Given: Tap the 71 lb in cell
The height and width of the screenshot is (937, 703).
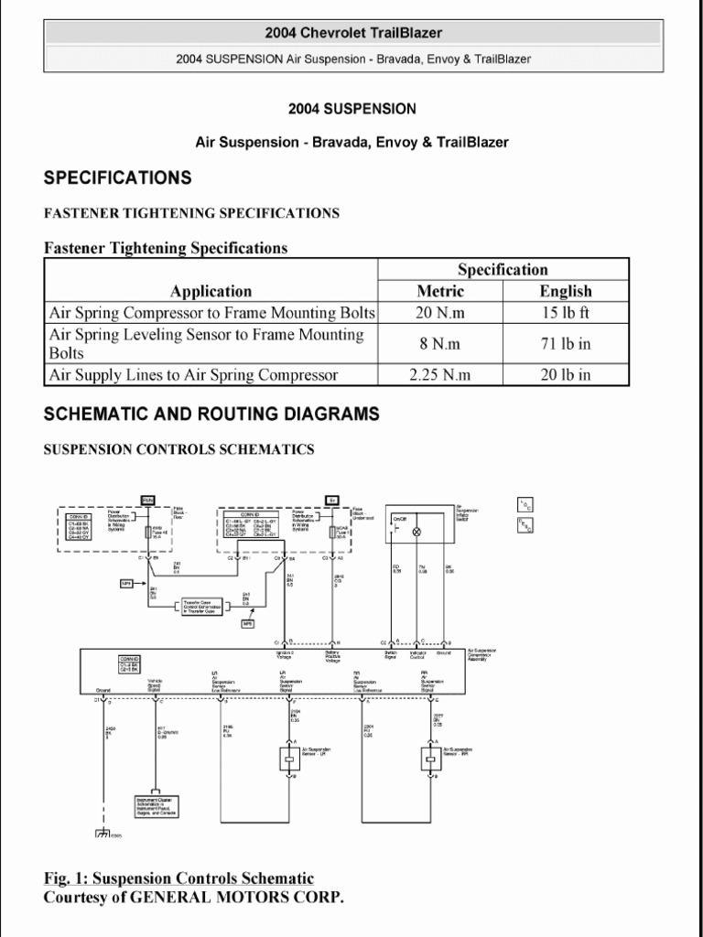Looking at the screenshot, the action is [x=565, y=344].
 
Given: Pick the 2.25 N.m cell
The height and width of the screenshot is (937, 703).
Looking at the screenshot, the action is [x=440, y=374].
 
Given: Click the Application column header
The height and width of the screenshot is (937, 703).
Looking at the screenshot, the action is [x=211, y=291].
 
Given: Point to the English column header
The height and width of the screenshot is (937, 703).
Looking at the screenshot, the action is [x=565, y=291].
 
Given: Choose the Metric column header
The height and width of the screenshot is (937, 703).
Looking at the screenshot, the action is [x=440, y=291].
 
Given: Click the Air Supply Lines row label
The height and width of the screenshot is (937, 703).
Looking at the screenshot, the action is [x=193, y=374].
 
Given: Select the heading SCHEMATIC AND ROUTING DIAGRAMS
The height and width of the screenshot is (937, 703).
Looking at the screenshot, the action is [x=211, y=415].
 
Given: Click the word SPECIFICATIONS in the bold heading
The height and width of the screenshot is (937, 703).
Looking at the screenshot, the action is [x=118, y=178].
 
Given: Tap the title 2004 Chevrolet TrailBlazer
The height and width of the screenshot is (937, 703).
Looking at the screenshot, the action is [x=353, y=33].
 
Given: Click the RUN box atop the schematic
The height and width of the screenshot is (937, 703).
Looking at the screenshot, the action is [x=147, y=499].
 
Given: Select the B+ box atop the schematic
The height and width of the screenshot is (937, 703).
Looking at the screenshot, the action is [x=331, y=500].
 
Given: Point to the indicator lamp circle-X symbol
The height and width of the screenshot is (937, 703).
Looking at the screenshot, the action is [x=418, y=531].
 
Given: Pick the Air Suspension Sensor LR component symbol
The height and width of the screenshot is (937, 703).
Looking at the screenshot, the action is [x=288, y=759].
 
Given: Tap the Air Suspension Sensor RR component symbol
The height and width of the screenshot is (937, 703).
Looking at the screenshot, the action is [x=430, y=759].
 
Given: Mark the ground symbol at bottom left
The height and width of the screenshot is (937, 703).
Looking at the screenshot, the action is [x=102, y=834].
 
